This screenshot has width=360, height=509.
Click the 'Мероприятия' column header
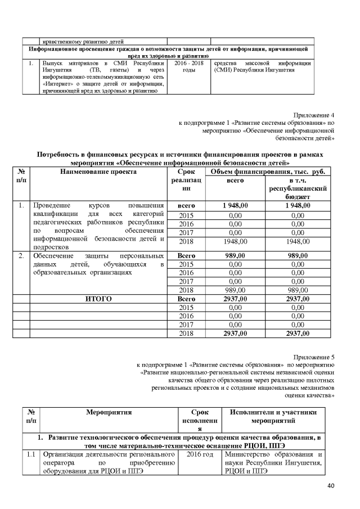point(109,413)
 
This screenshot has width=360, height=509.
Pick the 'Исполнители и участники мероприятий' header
point(277,417)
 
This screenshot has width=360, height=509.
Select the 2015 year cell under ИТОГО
point(186,308)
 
